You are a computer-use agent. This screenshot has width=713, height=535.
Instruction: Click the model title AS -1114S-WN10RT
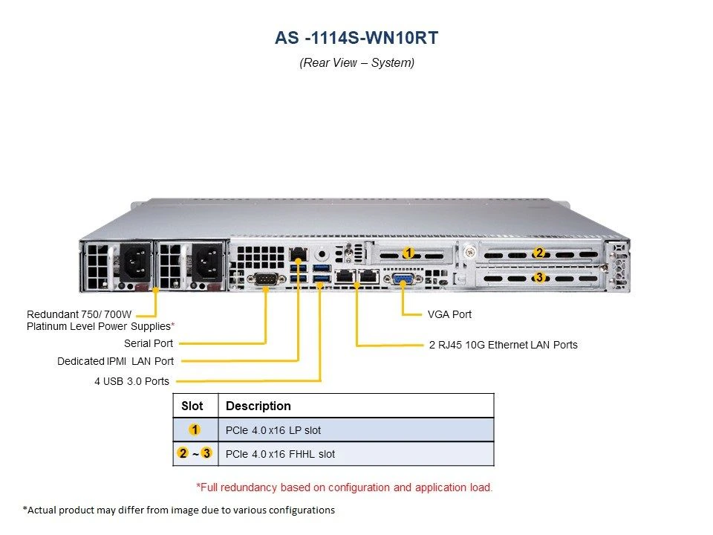point(356,38)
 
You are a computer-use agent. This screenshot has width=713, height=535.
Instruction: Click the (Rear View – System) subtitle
point(357,62)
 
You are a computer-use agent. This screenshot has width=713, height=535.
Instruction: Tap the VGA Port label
point(449,314)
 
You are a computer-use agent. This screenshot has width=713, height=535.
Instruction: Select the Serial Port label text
point(149,343)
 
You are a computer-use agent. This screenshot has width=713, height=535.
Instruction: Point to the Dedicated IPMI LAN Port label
point(116,361)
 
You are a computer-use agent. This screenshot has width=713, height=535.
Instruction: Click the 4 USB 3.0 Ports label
point(132,381)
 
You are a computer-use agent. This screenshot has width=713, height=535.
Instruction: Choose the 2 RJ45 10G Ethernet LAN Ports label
point(504,345)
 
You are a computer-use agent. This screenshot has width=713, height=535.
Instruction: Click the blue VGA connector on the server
point(403,279)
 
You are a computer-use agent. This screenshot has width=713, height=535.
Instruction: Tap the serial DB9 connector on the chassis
point(264,279)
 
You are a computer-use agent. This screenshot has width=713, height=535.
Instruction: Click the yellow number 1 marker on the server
point(408,253)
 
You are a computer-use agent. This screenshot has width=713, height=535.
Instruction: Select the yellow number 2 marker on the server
point(539,253)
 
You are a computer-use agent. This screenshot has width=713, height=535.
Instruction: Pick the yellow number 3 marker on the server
point(539,276)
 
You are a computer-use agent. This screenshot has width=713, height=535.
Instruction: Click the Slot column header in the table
point(192,406)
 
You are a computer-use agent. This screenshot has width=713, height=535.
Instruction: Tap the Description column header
point(258,406)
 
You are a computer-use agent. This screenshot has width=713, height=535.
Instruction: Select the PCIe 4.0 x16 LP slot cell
point(273,430)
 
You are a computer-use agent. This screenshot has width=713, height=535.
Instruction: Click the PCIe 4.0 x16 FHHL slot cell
point(280,454)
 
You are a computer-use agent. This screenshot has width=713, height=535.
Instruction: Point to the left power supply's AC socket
point(135,263)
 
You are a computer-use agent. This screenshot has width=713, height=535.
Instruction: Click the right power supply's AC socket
point(207,263)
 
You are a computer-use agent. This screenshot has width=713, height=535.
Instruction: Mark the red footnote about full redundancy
point(344,487)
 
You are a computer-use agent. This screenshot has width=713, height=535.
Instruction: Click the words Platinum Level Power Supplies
point(99,327)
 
